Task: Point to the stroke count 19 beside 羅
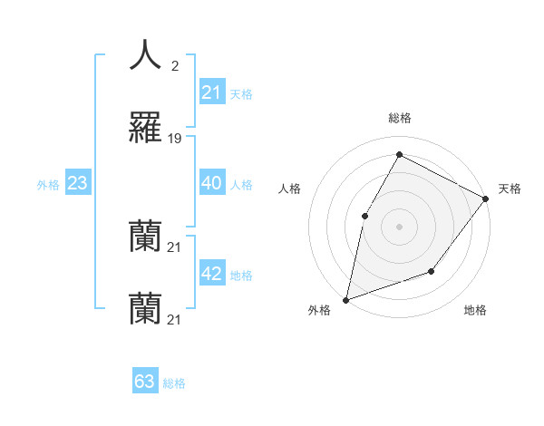click(x=175, y=139)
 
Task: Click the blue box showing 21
click(x=211, y=92)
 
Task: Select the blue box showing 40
click(x=211, y=183)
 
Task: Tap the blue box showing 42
click(x=211, y=274)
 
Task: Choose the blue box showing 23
click(x=78, y=183)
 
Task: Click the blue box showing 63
click(x=145, y=382)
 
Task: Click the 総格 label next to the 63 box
click(x=174, y=383)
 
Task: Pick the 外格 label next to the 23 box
click(x=48, y=185)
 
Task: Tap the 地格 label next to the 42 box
click(x=241, y=276)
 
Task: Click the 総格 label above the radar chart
click(x=399, y=119)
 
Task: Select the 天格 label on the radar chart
click(x=510, y=189)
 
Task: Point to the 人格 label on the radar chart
click(x=290, y=189)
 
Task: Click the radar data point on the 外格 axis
click(x=345, y=299)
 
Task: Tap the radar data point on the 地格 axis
click(x=432, y=271)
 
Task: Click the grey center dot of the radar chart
click(x=399, y=226)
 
